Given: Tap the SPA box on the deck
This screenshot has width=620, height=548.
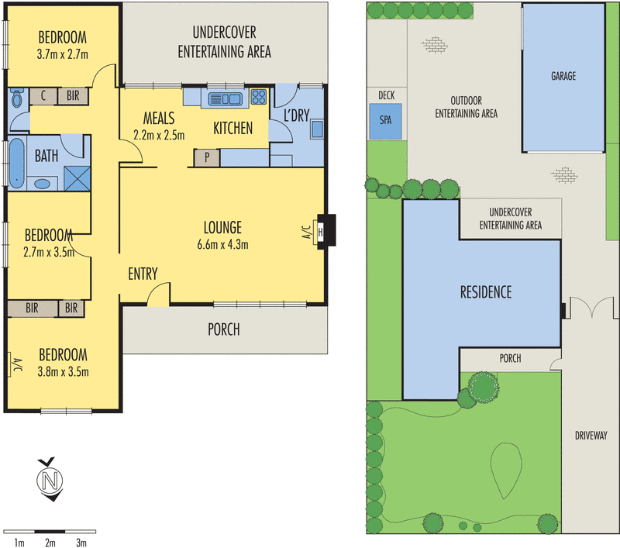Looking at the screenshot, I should click(385, 121).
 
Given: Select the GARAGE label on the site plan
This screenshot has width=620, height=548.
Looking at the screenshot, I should click(563, 77).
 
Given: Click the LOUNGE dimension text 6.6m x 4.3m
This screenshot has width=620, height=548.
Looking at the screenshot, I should click(222, 246).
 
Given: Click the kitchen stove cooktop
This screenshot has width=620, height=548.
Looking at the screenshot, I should click(258, 98).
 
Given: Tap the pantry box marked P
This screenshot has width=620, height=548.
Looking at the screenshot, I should click(207, 157).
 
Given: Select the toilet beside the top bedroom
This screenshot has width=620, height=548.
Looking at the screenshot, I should click(17, 99).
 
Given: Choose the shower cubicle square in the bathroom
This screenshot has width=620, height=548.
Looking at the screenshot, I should click(75, 177).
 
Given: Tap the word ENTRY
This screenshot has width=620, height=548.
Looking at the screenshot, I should click(143, 274).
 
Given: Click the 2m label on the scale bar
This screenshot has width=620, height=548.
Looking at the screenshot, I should click(50, 543).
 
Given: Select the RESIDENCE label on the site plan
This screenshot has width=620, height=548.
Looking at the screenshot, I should click(486, 292).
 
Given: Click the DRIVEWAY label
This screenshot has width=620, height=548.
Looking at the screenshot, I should click(591, 435).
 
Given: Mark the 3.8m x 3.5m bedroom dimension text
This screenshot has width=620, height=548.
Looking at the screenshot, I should click(64, 371).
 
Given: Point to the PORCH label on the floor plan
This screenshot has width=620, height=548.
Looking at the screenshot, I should click(223, 329).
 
